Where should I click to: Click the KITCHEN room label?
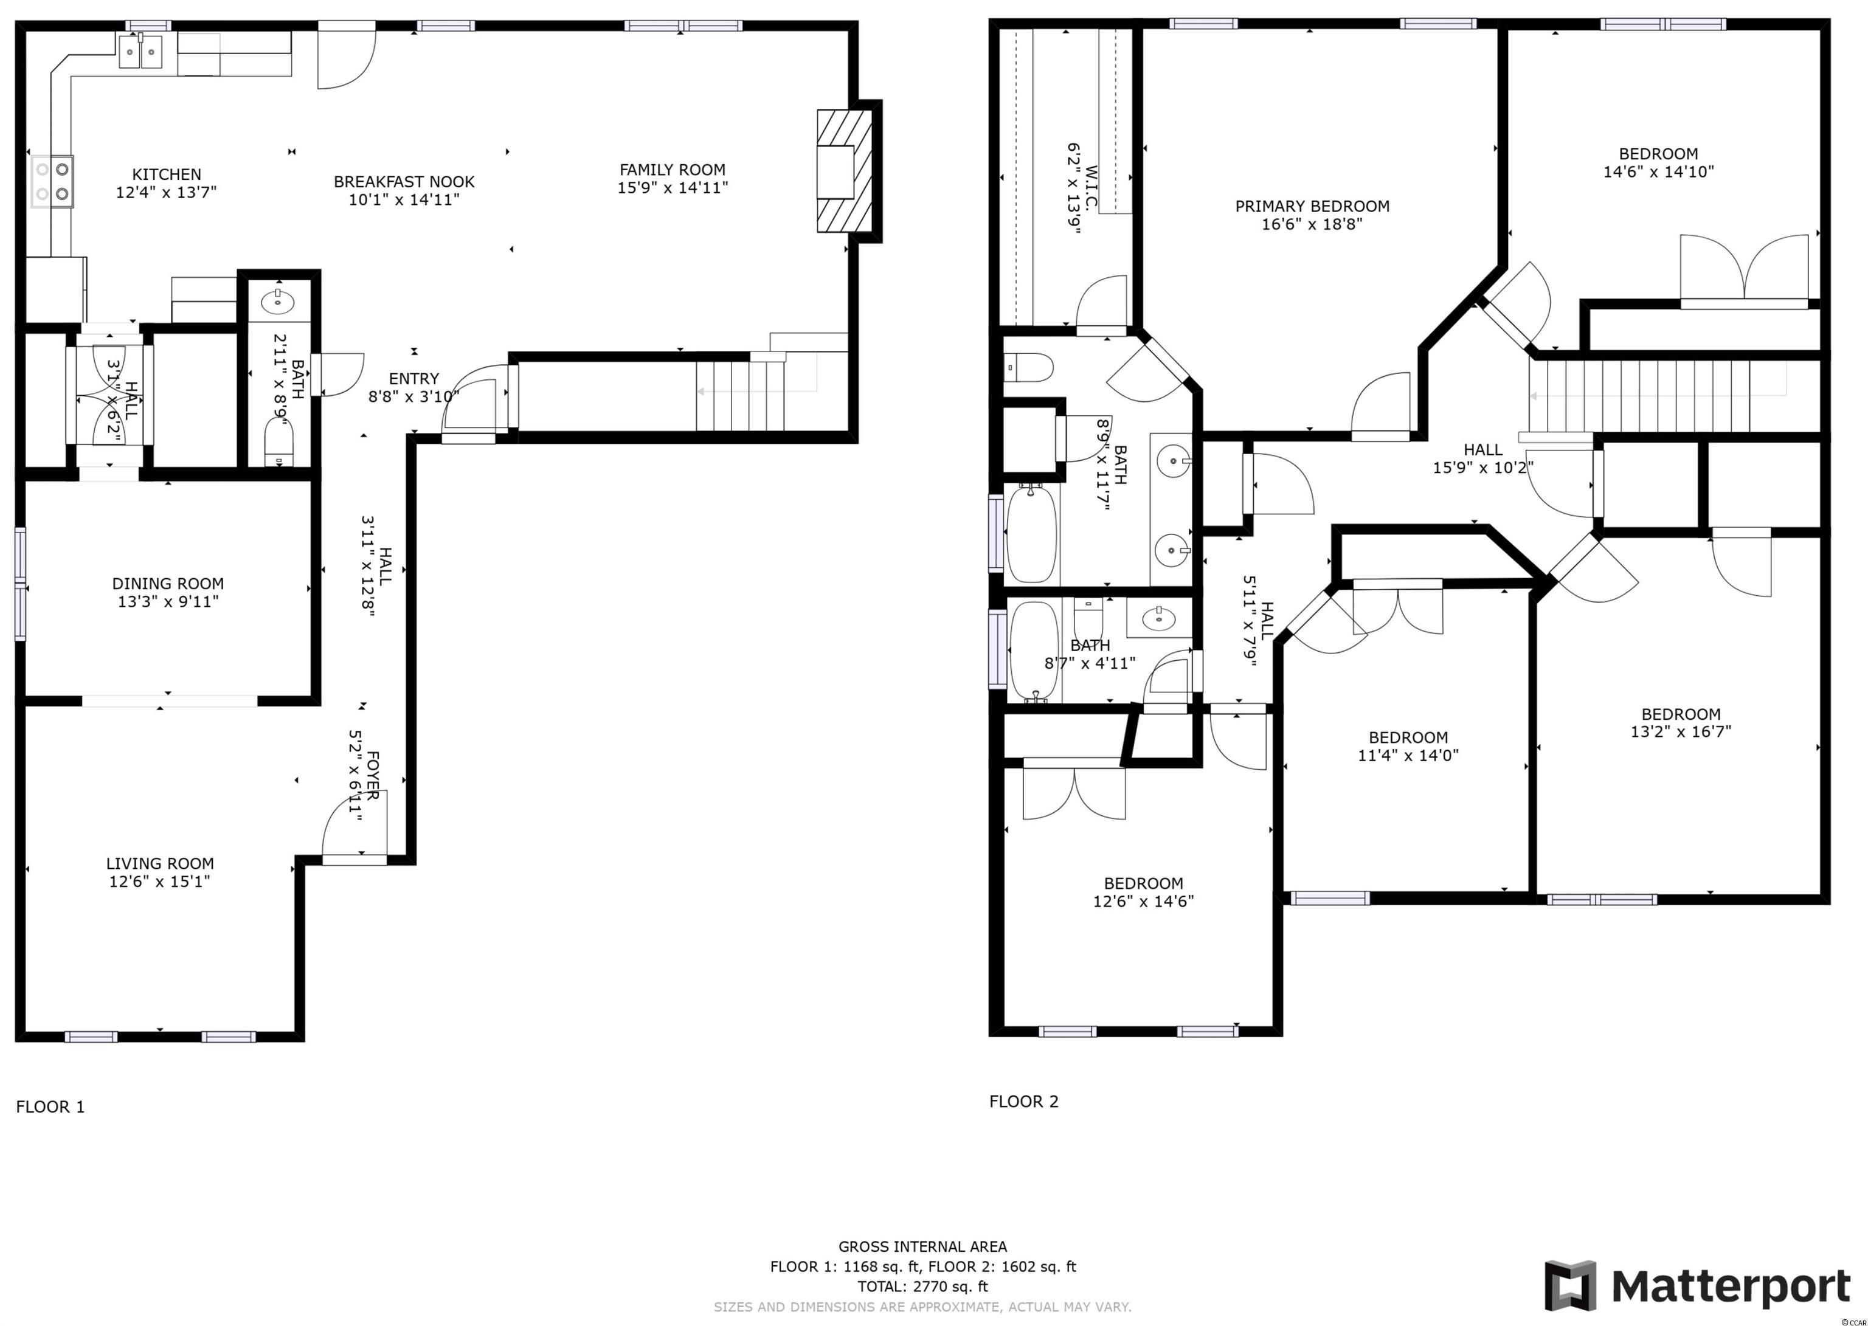pyautogui.click(x=167, y=174)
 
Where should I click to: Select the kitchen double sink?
pyautogui.click(x=141, y=52)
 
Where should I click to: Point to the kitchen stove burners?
pyautogui.click(x=52, y=181)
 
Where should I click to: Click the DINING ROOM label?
pyautogui.click(x=168, y=584)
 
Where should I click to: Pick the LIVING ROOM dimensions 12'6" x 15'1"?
pyautogui.click(x=160, y=882)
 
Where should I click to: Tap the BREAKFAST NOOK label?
pyautogui.click(x=404, y=181)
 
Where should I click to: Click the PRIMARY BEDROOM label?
pyautogui.click(x=1312, y=207)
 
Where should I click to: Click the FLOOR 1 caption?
pyautogui.click(x=50, y=1107)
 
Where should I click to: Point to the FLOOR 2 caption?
pyautogui.click(x=1024, y=1102)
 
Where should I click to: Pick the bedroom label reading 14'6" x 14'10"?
pyautogui.click(x=1658, y=171)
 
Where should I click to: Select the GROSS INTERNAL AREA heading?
pyautogui.click(x=922, y=1247)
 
